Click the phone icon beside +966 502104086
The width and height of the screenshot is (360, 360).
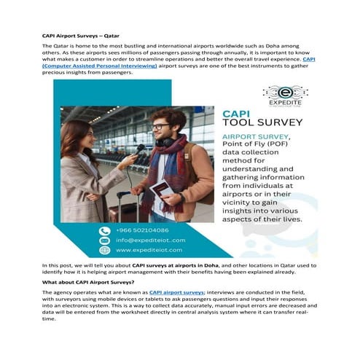tap(105, 230)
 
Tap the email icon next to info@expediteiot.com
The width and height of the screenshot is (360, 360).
tap(105, 240)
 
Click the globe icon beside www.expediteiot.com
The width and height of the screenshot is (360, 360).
tap(105, 250)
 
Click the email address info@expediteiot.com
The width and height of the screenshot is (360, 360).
tap(150, 240)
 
